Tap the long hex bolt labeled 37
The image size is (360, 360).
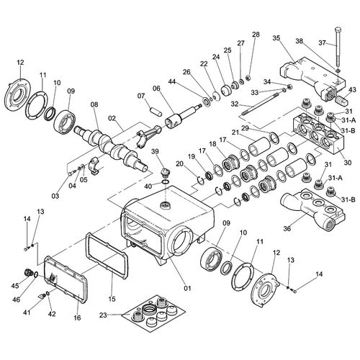337,46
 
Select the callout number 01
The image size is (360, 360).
187,288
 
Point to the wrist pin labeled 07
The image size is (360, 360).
156,112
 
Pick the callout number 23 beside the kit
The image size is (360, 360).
103,315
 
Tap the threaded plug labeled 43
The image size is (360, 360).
342,99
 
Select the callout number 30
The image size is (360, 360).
348,163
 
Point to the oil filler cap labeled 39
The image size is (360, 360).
166,173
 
